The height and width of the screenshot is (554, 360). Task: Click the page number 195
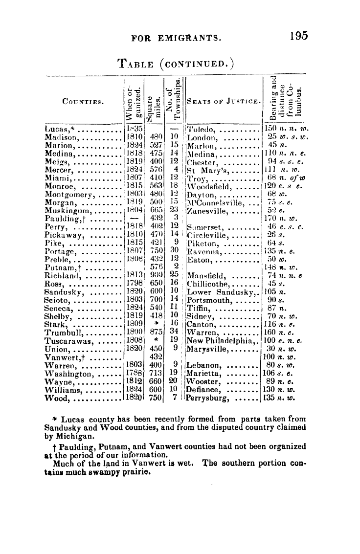[298, 36]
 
